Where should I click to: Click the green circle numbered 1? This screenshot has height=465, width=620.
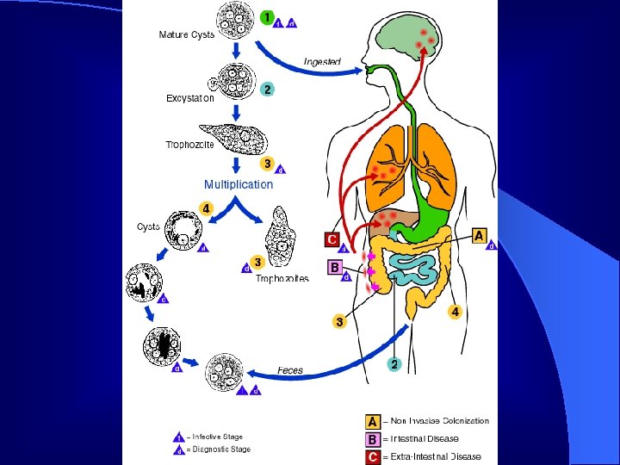tap(268, 17)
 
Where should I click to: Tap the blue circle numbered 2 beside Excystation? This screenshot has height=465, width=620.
tap(268, 90)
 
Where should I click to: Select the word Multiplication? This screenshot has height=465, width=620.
tap(239, 184)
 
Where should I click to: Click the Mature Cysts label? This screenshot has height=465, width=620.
tap(187, 35)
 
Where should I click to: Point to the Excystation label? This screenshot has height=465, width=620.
tap(190, 98)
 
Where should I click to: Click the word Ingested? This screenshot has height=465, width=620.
tap(322, 62)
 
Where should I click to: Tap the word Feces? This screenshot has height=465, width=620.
tap(290, 370)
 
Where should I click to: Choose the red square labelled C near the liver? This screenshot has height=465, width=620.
tap(332, 238)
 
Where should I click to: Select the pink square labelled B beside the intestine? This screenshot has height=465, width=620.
tap(336, 268)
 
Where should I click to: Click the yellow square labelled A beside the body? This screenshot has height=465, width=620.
tap(480, 235)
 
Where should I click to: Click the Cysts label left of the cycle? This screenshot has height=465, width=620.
tap(148, 226)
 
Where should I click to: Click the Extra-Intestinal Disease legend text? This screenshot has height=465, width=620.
tap(432, 456)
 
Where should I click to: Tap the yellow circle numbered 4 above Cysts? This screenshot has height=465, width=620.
tap(206, 209)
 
